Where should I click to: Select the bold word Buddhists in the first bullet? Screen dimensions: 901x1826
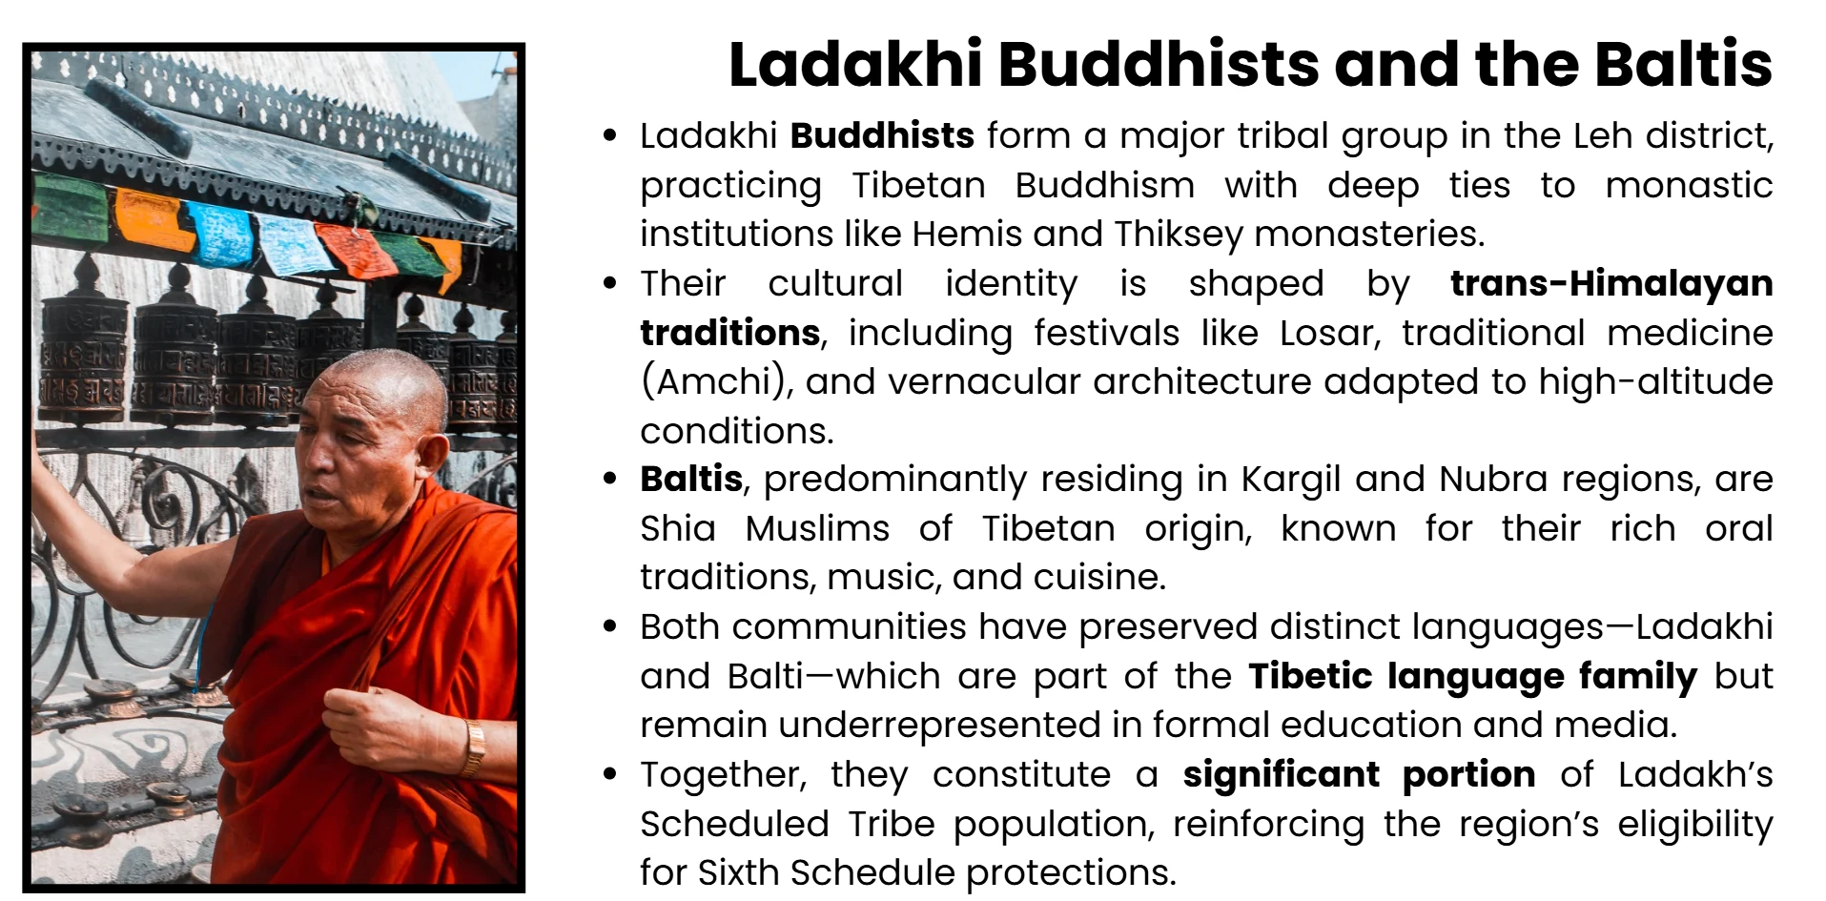pyautogui.click(x=882, y=136)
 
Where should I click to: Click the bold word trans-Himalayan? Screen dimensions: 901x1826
pyautogui.click(x=1611, y=283)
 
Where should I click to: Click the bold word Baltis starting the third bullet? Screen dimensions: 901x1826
pyautogui.click(x=691, y=479)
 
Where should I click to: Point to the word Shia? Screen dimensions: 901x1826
pyautogui.click(x=677, y=528)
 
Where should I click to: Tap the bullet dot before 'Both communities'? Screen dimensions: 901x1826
pyautogui.click(x=610, y=626)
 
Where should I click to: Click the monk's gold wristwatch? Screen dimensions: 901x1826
pyautogui.click(x=474, y=747)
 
